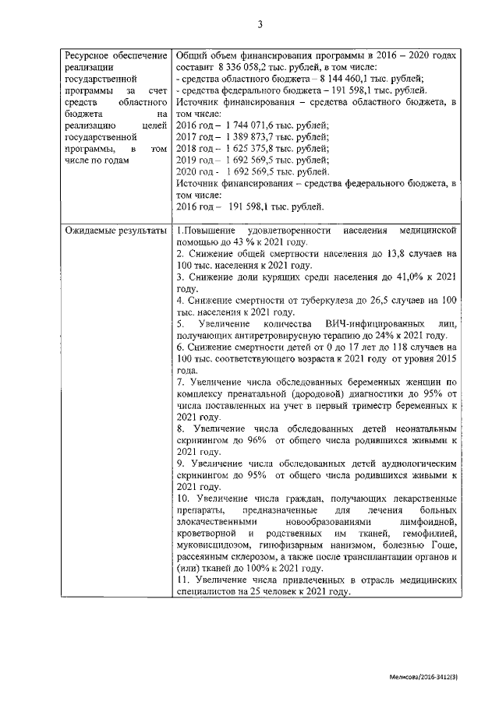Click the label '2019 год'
coord(196,160)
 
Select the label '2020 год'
coord(196,171)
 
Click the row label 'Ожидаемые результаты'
coord(115,231)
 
